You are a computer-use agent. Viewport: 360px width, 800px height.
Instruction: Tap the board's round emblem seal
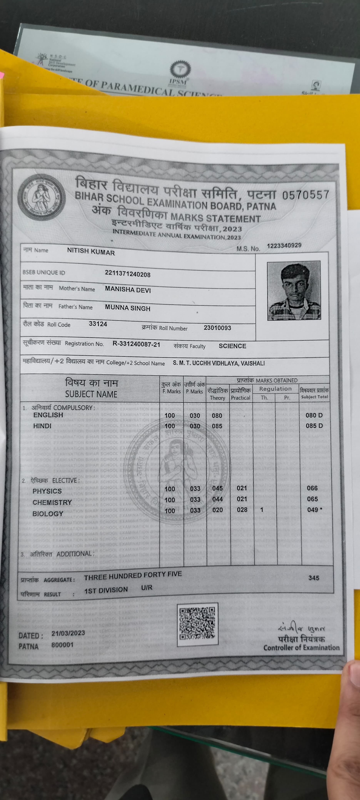(41, 197)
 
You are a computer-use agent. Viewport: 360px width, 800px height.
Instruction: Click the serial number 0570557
(305, 195)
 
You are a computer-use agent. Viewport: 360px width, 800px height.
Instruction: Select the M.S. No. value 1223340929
(284, 246)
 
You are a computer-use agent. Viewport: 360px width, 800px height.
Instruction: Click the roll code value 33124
(98, 324)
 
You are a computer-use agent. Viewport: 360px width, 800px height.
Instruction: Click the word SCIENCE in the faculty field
(232, 346)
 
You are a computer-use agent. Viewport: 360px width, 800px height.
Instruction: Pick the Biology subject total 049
(312, 510)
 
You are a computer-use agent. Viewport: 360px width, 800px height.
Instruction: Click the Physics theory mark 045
(217, 488)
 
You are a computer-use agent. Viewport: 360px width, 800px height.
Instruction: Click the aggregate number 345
(314, 578)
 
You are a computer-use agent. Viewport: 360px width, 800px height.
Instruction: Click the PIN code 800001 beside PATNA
(62, 645)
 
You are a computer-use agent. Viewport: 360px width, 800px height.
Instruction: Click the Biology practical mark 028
(242, 510)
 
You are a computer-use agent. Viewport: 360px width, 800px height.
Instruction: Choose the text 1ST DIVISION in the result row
(106, 590)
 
